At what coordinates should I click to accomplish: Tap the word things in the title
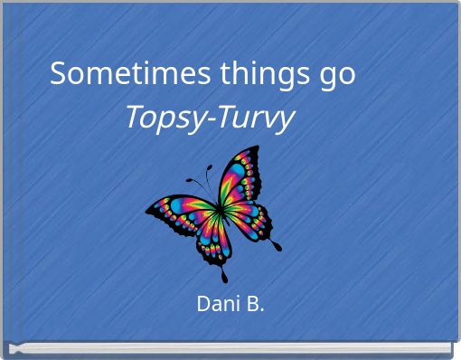(x=255, y=74)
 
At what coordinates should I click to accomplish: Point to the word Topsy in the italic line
(x=160, y=118)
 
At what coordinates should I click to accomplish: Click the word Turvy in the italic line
(x=256, y=118)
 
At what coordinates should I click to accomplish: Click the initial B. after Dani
(x=254, y=305)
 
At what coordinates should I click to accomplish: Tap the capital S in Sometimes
(x=60, y=73)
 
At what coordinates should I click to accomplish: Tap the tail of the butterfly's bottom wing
(x=224, y=275)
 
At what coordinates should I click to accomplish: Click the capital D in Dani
(x=203, y=305)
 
